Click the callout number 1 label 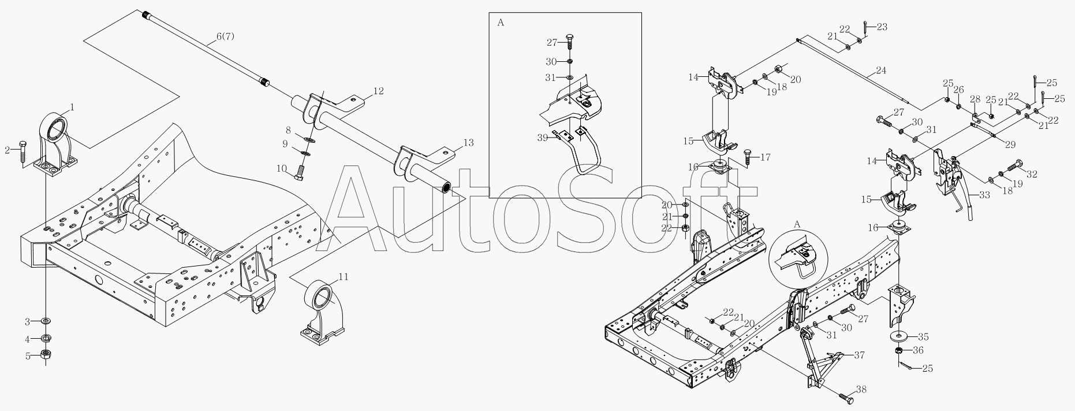click(72, 106)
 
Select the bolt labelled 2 click(23, 153)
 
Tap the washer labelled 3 click(46, 320)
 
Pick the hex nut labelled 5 click(46, 355)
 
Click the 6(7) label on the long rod click(225, 36)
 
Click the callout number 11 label click(344, 277)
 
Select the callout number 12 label click(378, 91)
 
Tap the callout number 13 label click(468, 142)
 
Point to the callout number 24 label click(880, 71)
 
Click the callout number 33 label click(984, 195)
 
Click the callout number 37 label click(860, 355)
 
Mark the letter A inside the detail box click(500, 23)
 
